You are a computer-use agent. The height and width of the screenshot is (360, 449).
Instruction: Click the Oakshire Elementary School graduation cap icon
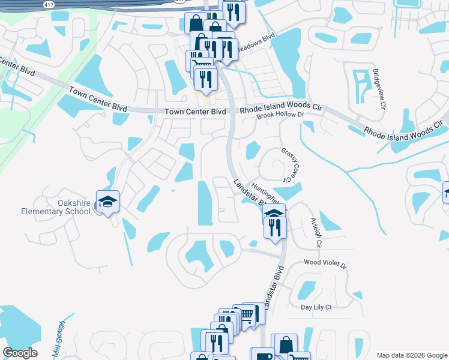pyautogui.click(x=107, y=202)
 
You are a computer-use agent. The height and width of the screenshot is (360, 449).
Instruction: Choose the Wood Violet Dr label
pyautogui.click(x=325, y=263)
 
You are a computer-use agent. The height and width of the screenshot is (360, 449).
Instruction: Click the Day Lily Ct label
pyautogui.click(x=316, y=307)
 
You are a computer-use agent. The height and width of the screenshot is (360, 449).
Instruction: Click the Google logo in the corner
pyautogui.click(x=20, y=353)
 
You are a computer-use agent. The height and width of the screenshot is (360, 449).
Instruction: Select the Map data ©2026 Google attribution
pyautogui.click(x=411, y=355)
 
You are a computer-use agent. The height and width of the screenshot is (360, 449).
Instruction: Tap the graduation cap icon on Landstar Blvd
pyautogui.click(x=274, y=214)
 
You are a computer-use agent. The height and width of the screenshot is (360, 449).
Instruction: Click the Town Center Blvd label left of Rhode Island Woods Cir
pyautogui.click(x=196, y=112)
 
